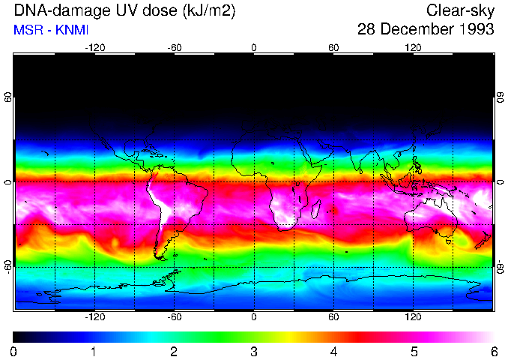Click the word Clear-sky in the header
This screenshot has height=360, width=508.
coord(461,10)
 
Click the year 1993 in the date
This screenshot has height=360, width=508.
coord(474,30)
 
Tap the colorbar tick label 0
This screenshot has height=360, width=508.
coord(13,351)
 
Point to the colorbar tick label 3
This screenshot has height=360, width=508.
coord(253,351)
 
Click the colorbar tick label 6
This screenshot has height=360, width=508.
coord(494,351)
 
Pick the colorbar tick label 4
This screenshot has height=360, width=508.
coord(333,351)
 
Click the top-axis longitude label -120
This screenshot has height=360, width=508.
coord(94,48)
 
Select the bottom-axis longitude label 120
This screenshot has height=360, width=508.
coord(413,316)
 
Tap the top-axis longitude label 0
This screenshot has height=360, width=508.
coord(254,48)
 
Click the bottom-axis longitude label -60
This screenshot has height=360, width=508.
coord(174,316)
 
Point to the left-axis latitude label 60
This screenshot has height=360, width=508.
coord(8,97)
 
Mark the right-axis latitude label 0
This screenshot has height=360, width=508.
coord(500,182)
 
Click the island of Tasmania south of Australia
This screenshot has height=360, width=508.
coord(448,241)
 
